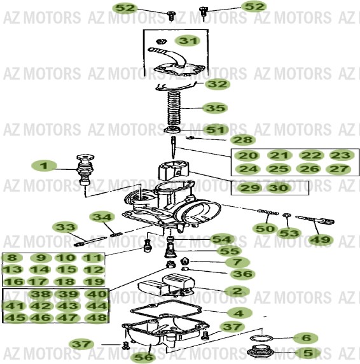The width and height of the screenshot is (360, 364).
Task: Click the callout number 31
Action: [x=188, y=41]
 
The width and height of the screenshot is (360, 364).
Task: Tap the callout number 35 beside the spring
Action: [x=215, y=108]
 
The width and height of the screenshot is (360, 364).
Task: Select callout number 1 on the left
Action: [x=44, y=165]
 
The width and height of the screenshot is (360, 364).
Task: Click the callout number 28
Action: [x=242, y=140]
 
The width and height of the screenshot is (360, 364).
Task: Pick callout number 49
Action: [x=321, y=239]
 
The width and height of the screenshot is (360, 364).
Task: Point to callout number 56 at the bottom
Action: [x=143, y=357]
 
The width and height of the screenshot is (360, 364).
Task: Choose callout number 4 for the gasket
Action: [x=239, y=313]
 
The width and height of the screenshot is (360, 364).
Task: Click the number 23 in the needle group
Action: [x=340, y=155]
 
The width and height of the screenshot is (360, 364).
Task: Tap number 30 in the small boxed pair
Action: [x=279, y=188]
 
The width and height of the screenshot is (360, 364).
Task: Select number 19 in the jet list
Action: [x=93, y=281]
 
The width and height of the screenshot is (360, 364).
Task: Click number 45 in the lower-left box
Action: [x=15, y=317]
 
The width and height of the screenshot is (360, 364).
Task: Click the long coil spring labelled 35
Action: [x=174, y=109]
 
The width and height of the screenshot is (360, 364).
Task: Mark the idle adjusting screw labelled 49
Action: [x=315, y=220]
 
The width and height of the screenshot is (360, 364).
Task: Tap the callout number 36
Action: [x=242, y=274]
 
